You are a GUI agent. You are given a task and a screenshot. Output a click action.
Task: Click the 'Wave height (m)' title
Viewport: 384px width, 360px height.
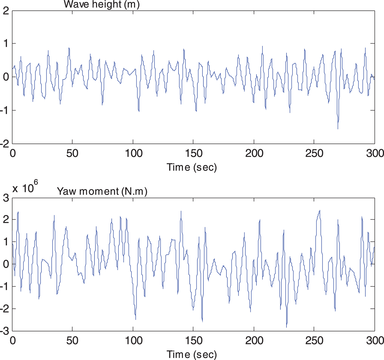101,4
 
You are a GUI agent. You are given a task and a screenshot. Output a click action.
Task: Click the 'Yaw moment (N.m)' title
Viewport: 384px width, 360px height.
102,191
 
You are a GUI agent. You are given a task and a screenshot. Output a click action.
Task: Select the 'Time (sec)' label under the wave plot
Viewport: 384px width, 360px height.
192,167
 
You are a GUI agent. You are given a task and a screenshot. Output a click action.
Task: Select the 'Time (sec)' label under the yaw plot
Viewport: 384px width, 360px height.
192,354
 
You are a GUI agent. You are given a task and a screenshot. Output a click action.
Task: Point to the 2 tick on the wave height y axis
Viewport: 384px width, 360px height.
6,11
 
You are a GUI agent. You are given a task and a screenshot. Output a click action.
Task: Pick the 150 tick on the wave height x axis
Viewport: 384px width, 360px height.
194,153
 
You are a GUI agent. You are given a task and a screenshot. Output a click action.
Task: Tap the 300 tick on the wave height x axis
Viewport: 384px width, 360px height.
375,153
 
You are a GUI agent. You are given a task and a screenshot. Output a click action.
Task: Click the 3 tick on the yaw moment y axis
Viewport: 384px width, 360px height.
6,198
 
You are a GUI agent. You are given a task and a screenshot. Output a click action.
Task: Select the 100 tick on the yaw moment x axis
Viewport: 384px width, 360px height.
134,341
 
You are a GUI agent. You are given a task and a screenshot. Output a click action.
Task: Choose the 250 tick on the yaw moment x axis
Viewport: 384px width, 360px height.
314,341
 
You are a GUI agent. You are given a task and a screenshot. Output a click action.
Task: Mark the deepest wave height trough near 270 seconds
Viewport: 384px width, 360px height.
338,129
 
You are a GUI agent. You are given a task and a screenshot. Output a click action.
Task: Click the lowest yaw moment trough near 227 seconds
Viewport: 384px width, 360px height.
286,327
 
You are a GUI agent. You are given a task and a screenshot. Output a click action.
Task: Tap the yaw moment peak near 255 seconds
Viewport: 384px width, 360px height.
320,211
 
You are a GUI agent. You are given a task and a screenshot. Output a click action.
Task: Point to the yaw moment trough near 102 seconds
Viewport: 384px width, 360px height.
135,319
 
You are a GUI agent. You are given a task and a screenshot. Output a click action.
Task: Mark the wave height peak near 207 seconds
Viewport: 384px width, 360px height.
262,46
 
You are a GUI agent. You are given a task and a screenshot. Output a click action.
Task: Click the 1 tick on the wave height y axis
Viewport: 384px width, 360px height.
6,44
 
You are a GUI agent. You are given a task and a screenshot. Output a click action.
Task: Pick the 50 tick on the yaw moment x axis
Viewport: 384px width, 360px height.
72,341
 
